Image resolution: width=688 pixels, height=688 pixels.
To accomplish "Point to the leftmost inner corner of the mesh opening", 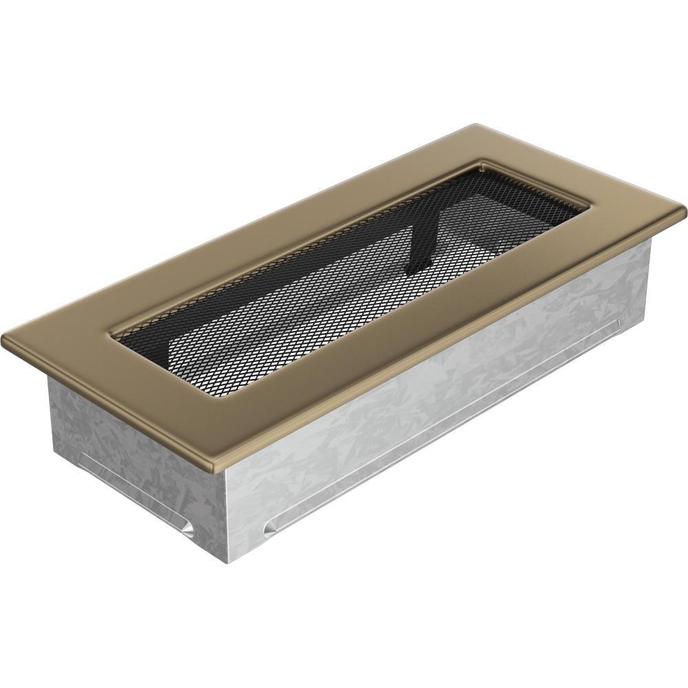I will [x=113, y=337].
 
